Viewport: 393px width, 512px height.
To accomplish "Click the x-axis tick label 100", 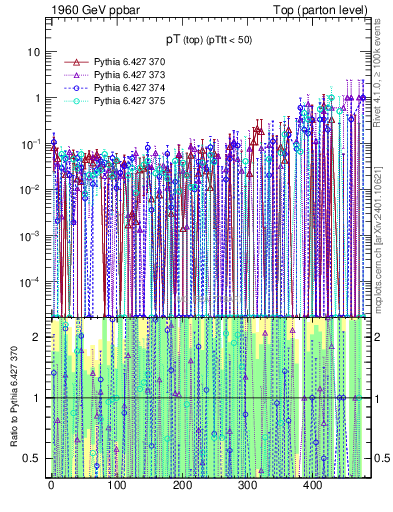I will [x=116, y=486].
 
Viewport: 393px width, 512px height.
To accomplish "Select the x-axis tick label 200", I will [x=182, y=486].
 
